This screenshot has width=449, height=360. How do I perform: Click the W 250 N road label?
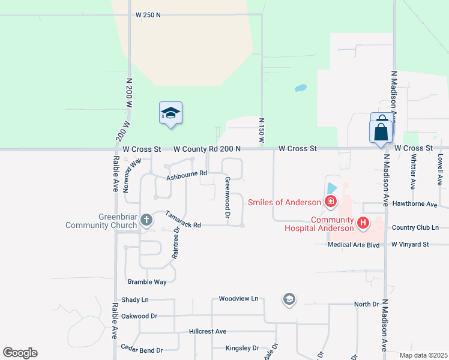(x=148, y=14)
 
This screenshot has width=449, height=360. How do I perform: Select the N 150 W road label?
(x=261, y=130)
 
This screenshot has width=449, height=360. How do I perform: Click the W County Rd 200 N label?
(x=207, y=149)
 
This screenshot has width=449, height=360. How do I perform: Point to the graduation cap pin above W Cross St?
(x=170, y=113)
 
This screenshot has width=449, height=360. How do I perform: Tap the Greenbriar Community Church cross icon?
(x=146, y=220)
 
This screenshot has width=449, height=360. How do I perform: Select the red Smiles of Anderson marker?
(x=330, y=202)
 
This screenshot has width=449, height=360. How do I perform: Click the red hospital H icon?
(x=363, y=223)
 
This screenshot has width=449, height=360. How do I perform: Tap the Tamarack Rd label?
(x=182, y=220)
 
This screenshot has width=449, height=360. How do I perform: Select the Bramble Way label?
(x=147, y=281)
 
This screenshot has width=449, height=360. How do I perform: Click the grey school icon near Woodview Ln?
(x=289, y=299)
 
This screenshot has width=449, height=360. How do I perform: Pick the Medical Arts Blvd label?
(x=354, y=245)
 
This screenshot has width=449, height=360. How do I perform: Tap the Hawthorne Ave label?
(x=414, y=204)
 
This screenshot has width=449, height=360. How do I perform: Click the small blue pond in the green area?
(x=300, y=89)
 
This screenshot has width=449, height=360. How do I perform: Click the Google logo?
(x=20, y=353)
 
